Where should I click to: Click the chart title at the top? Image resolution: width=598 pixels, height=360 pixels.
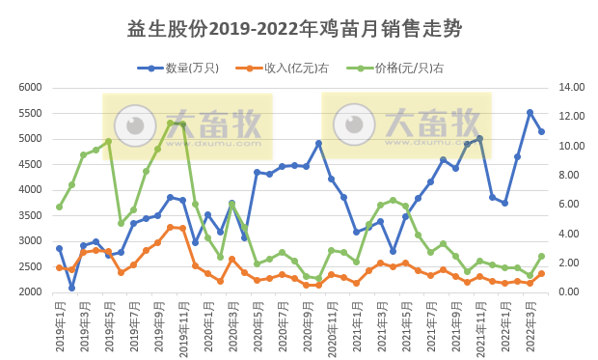[x=294, y=29]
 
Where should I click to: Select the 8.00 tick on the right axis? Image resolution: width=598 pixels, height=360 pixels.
[x=569, y=176]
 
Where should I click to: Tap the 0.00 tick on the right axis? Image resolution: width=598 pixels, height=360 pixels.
[x=569, y=292]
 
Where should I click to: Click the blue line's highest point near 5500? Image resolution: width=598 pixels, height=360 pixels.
[x=530, y=112]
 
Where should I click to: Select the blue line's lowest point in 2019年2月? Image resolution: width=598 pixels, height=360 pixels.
[x=71, y=288]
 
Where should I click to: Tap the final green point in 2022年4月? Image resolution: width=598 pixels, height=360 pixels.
[x=542, y=256]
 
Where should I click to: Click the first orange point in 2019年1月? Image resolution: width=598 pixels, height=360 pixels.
[x=59, y=267]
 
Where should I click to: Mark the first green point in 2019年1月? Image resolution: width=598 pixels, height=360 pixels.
[x=59, y=207]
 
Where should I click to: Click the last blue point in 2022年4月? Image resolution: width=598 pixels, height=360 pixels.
[x=542, y=132]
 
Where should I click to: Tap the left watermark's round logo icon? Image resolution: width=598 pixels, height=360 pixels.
[x=136, y=125]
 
